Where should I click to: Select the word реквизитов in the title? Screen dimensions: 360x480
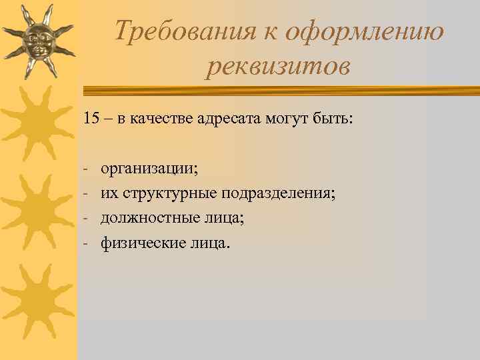277,67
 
